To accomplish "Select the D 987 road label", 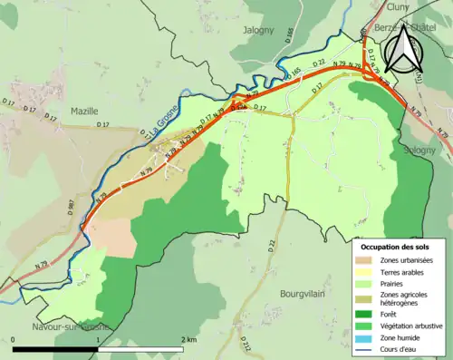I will pos(69,211).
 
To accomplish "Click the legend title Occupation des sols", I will pos(399,246).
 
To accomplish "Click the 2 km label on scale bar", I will pos(188,339).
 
